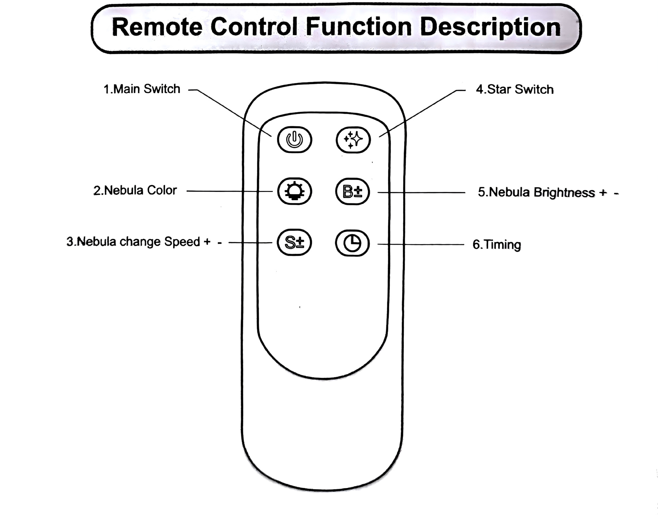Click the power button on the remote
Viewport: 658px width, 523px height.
pos(294,140)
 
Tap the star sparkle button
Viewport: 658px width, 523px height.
pos(353,140)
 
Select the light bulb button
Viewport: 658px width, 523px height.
pos(294,191)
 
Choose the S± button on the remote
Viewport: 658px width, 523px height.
pos(294,243)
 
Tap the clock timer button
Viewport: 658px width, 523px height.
pos(352,243)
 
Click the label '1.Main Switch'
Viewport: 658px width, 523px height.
pos(142,89)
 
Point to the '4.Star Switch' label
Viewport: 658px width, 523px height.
pos(514,89)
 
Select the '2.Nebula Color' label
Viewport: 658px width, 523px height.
pos(135,190)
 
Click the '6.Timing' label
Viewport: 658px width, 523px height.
pos(497,245)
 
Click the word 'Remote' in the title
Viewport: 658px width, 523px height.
pos(157,27)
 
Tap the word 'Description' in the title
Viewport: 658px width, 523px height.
pos(490,27)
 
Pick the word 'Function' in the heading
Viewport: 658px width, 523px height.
pos(358,27)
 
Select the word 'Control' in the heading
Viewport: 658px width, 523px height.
pos(254,27)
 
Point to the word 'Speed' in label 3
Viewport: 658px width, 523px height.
pos(182,242)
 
